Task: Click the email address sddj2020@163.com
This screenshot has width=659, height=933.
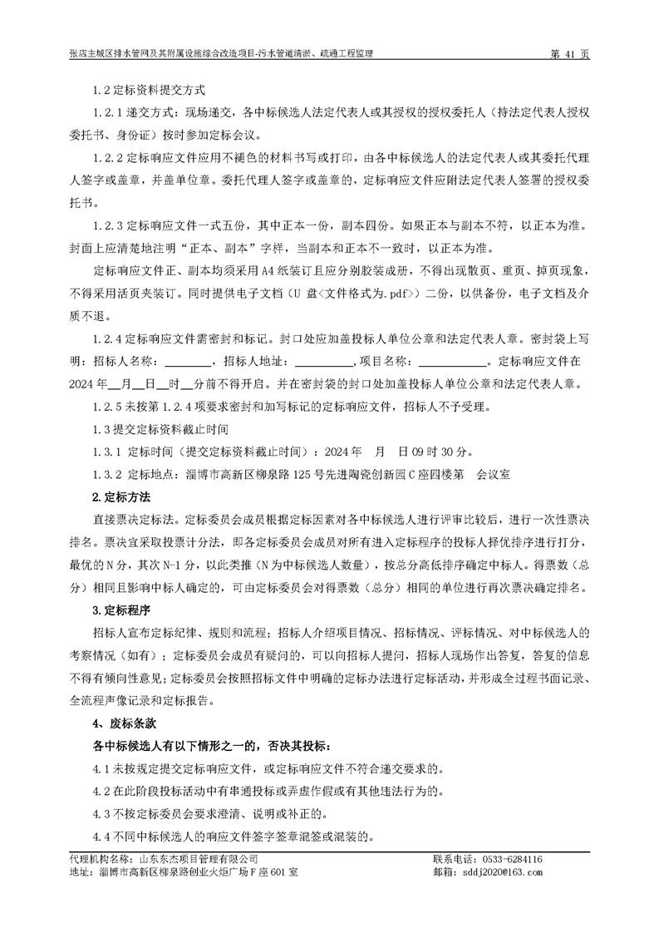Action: [x=499, y=872]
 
